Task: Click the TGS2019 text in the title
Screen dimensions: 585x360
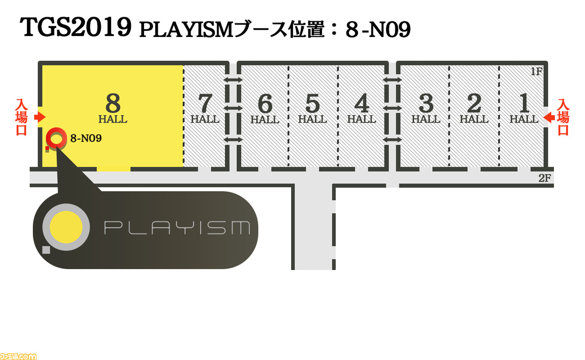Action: click(x=75, y=27)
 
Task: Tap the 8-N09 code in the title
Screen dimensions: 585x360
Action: click(x=378, y=30)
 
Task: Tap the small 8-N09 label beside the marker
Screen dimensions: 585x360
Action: click(x=86, y=138)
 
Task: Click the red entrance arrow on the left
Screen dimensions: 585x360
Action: click(x=40, y=117)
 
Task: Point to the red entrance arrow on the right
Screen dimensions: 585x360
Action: click(x=549, y=117)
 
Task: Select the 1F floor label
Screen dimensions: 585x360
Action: click(x=537, y=71)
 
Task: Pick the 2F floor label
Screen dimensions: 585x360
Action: click(x=545, y=178)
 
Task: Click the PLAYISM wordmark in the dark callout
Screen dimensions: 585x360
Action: click(x=177, y=228)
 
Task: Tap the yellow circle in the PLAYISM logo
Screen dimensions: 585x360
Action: click(x=66, y=227)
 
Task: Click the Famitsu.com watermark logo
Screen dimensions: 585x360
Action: click(x=18, y=356)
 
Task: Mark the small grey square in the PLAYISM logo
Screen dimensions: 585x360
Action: click(x=46, y=250)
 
